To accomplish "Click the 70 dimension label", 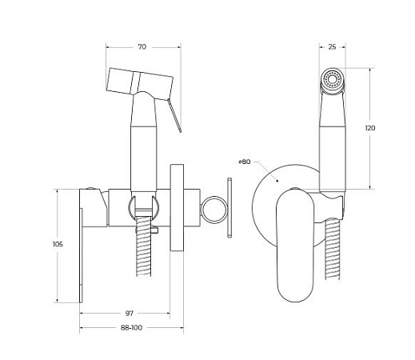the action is tap(142, 46).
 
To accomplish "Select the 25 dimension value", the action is tap(332, 47).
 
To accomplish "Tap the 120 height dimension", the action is tap(370, 128).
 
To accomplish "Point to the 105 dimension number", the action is tap(58, 244).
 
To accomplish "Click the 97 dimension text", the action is tap(130, 314).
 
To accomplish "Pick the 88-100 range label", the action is tap(131, 328).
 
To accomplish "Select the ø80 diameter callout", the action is tap(245, 162).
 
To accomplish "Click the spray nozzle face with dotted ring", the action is tap(332, 79).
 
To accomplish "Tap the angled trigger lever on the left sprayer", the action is tap(174, 115).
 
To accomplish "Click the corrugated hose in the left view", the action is tap(143, 246).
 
